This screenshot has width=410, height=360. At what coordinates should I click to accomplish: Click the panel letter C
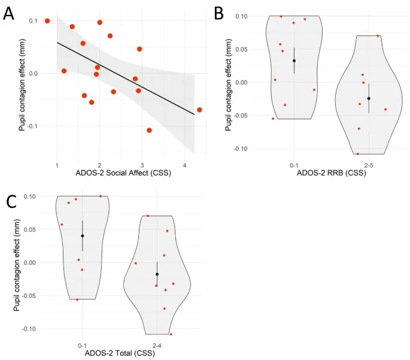[10, 200]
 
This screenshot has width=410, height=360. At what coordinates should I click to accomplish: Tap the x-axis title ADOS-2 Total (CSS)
[119, 353]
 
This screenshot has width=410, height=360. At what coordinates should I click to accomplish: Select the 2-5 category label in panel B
[368, 164]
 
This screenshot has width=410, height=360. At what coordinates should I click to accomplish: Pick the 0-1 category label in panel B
[294, 164]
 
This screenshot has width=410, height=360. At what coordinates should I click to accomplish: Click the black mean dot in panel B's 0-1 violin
[294, 60]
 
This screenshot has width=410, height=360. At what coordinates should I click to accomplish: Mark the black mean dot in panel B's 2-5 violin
[369, 98]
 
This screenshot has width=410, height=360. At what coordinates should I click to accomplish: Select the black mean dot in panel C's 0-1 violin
[83, 236]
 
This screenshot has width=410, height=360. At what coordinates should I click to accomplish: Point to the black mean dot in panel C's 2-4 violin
[157, 274]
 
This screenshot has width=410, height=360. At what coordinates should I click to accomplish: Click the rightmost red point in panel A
[199, 110]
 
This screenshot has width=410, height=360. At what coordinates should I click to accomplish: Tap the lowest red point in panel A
[149, 130]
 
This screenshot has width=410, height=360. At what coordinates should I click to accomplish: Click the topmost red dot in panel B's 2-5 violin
[378, 36]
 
